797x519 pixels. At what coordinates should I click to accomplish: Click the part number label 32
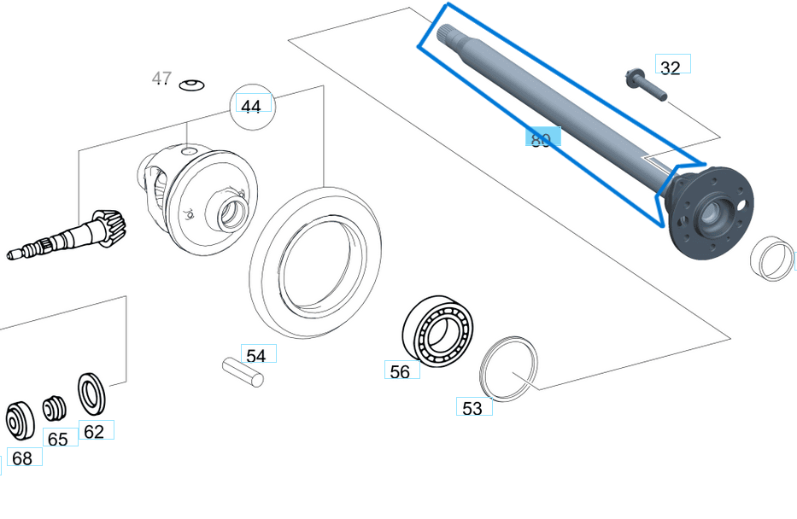tap(671, 67)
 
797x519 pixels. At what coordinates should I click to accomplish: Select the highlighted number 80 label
tap(542, 139)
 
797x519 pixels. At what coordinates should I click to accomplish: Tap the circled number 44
tap(251, 107)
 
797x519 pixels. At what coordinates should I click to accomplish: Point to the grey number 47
tap(161, 79)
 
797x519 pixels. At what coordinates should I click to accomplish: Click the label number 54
tap(256, 355)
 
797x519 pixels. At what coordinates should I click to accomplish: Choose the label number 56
tap(400, 371)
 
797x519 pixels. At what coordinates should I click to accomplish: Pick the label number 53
tap(472, 408)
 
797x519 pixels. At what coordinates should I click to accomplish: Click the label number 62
tap(94, 431)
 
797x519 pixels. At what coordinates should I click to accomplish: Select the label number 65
tap(58, 439)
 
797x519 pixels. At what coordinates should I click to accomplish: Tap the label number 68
tap(22, 458)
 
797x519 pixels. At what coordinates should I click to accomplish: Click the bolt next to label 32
tap(644, 85)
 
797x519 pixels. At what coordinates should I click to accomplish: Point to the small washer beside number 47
tap(192, 84)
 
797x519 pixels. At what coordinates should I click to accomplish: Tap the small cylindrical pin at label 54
tap(243, 372)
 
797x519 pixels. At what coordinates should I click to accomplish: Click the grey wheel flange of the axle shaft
tap(708, 213)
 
